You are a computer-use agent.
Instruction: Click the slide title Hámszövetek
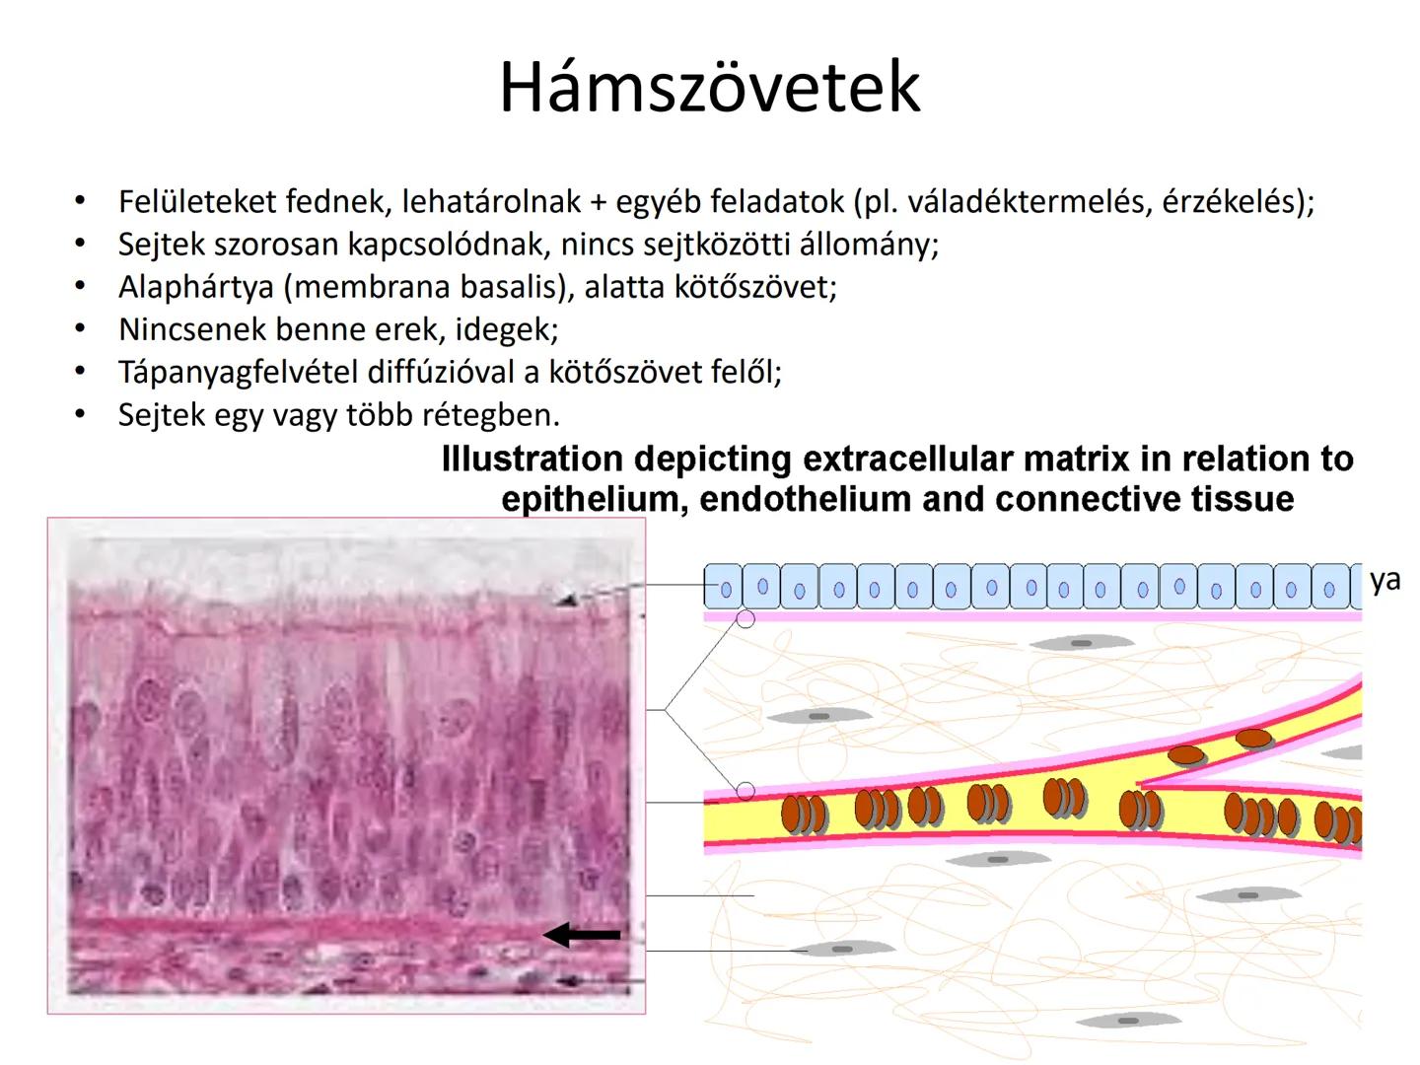[x=709, y=87]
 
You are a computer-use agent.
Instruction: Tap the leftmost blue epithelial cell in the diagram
[x=724, y=586]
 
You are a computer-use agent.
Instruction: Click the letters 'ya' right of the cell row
[x=1384, y=580]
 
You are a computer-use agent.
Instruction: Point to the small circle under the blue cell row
[x=745, y=619]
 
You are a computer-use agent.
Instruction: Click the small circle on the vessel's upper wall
[x=745, y=791]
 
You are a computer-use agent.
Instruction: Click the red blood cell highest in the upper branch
[x=1253, y=737]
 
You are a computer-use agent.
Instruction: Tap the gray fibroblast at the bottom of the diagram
[x=1128, y=1021]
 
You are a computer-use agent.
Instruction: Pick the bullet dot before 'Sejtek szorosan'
[x=80, y=244]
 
